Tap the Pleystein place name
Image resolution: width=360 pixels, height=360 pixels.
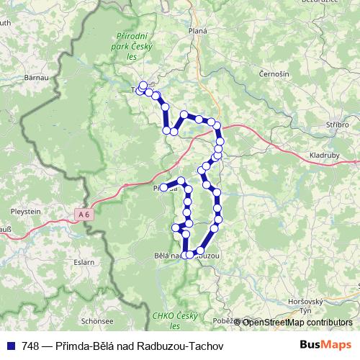coord(27,212)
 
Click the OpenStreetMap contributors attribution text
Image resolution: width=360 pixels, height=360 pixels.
coord(297,322)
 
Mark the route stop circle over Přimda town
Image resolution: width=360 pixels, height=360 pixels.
coord(163,188)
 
